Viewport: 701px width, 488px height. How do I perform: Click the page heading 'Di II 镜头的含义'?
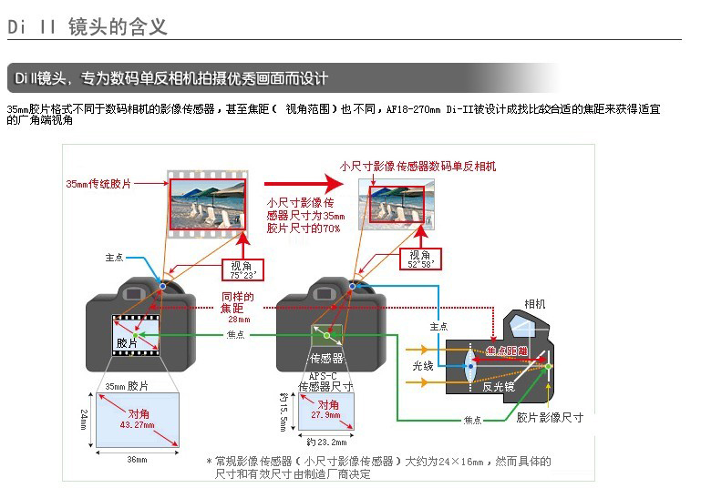tap(88, 26)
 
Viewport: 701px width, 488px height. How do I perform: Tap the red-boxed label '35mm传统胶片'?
tap(99, 184)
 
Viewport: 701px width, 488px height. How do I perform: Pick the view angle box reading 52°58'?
tap(420, 259)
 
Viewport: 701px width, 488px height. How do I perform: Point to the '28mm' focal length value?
tap(239, 319)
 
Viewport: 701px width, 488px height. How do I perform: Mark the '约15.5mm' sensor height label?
tap(283, 412)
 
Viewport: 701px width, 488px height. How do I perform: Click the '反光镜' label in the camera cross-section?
tap(500, 386)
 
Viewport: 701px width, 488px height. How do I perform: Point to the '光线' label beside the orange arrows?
tap(423, 365)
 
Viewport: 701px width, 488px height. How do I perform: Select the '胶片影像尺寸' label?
tap(550, 418)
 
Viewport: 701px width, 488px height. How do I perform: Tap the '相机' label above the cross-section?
tap(535, 304)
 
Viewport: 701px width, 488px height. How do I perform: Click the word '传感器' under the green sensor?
tap(326, 358)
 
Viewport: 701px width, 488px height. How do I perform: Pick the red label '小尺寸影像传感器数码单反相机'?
tap(418, 167)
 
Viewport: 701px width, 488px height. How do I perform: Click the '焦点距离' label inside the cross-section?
tap(507, 351)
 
